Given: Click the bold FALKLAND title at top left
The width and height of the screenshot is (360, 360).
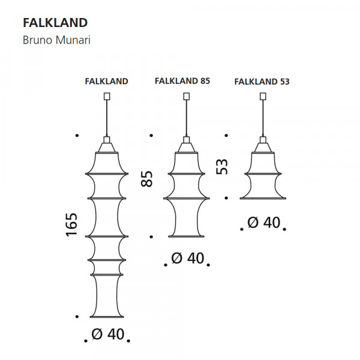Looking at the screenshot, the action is click(x=55, y=23).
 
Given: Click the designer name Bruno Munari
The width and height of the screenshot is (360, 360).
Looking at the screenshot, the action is click(x=56, y=40).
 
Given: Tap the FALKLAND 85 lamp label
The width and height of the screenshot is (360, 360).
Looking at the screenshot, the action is click(x=182, y=81).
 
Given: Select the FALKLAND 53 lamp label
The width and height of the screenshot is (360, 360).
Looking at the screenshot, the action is click(x=262, y=82).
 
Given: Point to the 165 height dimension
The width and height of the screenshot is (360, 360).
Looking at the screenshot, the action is click(x=71, y=225).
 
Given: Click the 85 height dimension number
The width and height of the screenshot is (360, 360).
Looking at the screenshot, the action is click(x=147, y=179).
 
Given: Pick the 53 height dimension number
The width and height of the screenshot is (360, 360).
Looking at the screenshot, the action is click(x=222, y=166).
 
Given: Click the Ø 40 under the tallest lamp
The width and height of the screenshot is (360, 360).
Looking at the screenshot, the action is click(x=108, y=334).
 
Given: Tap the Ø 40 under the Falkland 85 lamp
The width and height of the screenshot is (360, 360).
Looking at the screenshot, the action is click(x=188, y=258).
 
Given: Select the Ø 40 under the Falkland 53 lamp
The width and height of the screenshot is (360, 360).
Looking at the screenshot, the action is click(x=264, y=222).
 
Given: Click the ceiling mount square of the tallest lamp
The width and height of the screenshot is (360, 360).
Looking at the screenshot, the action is click(x=107, y=96).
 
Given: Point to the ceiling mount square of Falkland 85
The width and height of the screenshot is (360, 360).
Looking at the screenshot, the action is click(x=187, y=96).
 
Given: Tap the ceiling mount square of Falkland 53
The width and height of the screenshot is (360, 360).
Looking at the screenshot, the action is click(x=263, y=96).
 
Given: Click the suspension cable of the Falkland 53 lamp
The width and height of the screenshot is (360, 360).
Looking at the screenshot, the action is click(x=263, y=118).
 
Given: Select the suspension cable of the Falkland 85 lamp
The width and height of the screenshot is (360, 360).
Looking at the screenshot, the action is click(x=187, y=118).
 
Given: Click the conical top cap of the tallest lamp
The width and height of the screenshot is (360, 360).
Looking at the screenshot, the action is click(x=107, y=148).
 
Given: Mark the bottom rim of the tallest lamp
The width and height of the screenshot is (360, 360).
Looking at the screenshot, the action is click(x=107, y=317).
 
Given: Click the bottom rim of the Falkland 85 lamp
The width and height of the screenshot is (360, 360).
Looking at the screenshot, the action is click(x=186, y=236).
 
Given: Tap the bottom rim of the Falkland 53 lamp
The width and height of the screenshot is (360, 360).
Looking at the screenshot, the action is click(x=263, y=199).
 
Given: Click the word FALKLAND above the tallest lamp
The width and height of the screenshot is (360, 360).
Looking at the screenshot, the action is click(x=107, y=81).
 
